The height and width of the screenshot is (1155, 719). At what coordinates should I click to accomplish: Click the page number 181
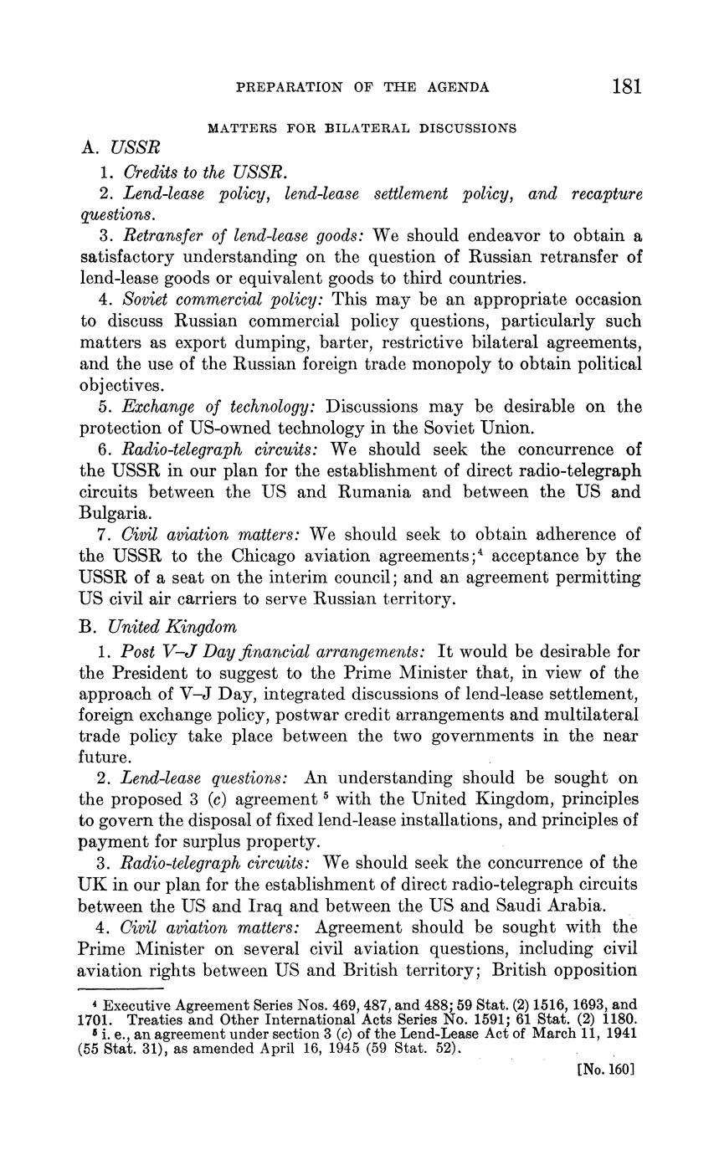(626, 86)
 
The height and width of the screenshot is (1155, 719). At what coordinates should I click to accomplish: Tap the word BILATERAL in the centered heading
(364, 129)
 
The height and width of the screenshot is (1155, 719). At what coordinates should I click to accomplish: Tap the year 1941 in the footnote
(619, 1032)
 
